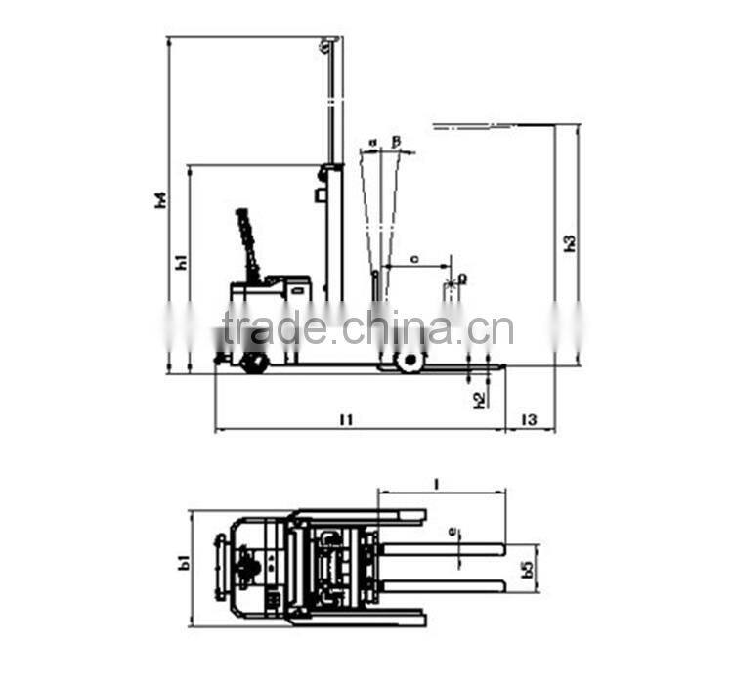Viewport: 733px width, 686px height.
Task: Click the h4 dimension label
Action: pos(161,200)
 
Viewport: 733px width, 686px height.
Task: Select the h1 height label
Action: pos(181,261)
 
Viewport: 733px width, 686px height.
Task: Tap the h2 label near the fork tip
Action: pos(479,399)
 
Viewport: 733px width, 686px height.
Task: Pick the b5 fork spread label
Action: pos(529,567)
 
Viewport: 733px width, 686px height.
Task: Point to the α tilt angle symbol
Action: pos(372,143)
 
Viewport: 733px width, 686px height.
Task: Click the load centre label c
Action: pos(415,259)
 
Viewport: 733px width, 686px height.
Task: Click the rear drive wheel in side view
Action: pos(254,363)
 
